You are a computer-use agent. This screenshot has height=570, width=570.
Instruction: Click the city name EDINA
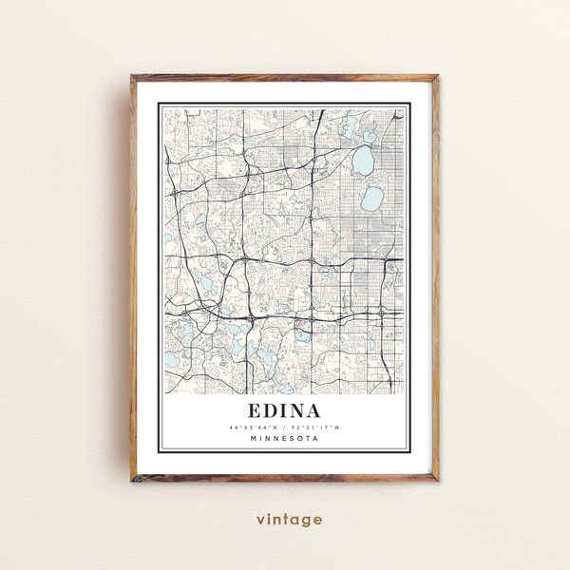(x=284, y=410)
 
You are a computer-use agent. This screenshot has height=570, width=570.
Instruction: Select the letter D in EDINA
(x=273, y=410)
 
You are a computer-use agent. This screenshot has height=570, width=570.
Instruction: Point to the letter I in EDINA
(x=286, y=410)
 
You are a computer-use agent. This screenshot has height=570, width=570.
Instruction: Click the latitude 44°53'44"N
(x=254, y=427)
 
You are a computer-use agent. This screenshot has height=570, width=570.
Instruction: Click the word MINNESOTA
(x=284, y=439)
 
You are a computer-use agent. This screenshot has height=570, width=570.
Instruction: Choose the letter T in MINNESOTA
(x=306, y=439)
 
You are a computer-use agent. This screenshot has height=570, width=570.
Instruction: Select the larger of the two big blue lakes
(x=363, y=161)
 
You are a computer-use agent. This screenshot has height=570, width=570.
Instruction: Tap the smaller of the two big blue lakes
(x=371, y=198)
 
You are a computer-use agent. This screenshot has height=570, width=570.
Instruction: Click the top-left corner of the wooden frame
(x=133, y=75)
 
